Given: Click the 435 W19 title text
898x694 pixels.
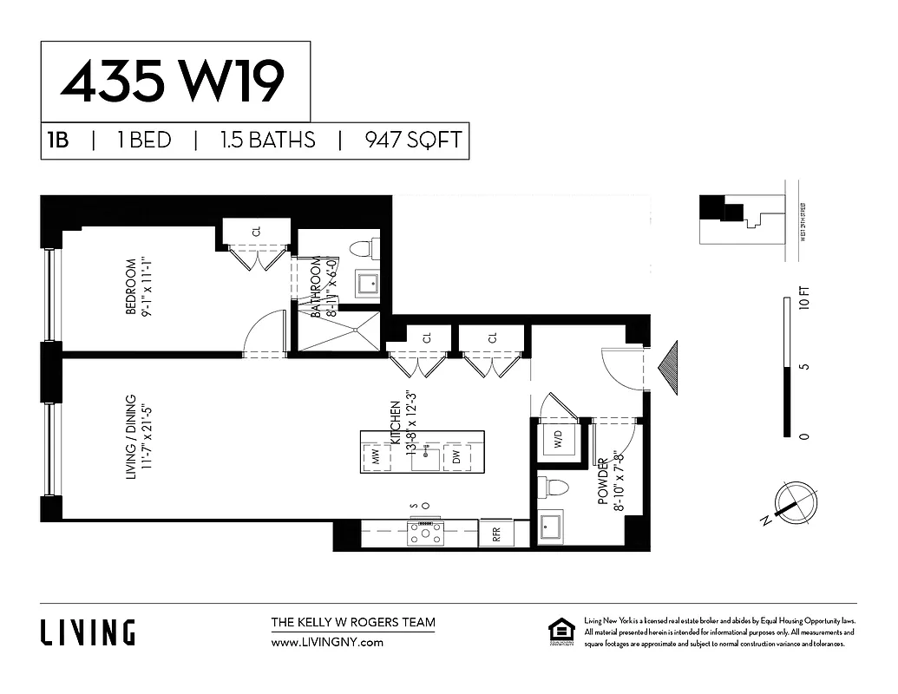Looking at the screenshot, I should [173, 83].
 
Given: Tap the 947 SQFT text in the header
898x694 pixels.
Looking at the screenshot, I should [413, 141].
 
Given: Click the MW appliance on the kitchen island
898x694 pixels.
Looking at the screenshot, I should [377, 457].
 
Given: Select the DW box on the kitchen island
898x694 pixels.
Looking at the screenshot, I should [456, 457].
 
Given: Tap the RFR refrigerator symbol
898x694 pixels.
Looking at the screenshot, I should [497, 534].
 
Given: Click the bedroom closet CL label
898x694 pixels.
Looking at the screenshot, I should [257, 231].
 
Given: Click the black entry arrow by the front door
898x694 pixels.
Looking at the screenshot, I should [669, 369].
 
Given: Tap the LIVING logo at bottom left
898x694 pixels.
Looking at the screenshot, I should [88, 632].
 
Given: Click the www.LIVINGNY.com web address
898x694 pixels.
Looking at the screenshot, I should [327, 643].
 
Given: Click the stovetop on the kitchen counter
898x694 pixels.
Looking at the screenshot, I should [425, 533].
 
